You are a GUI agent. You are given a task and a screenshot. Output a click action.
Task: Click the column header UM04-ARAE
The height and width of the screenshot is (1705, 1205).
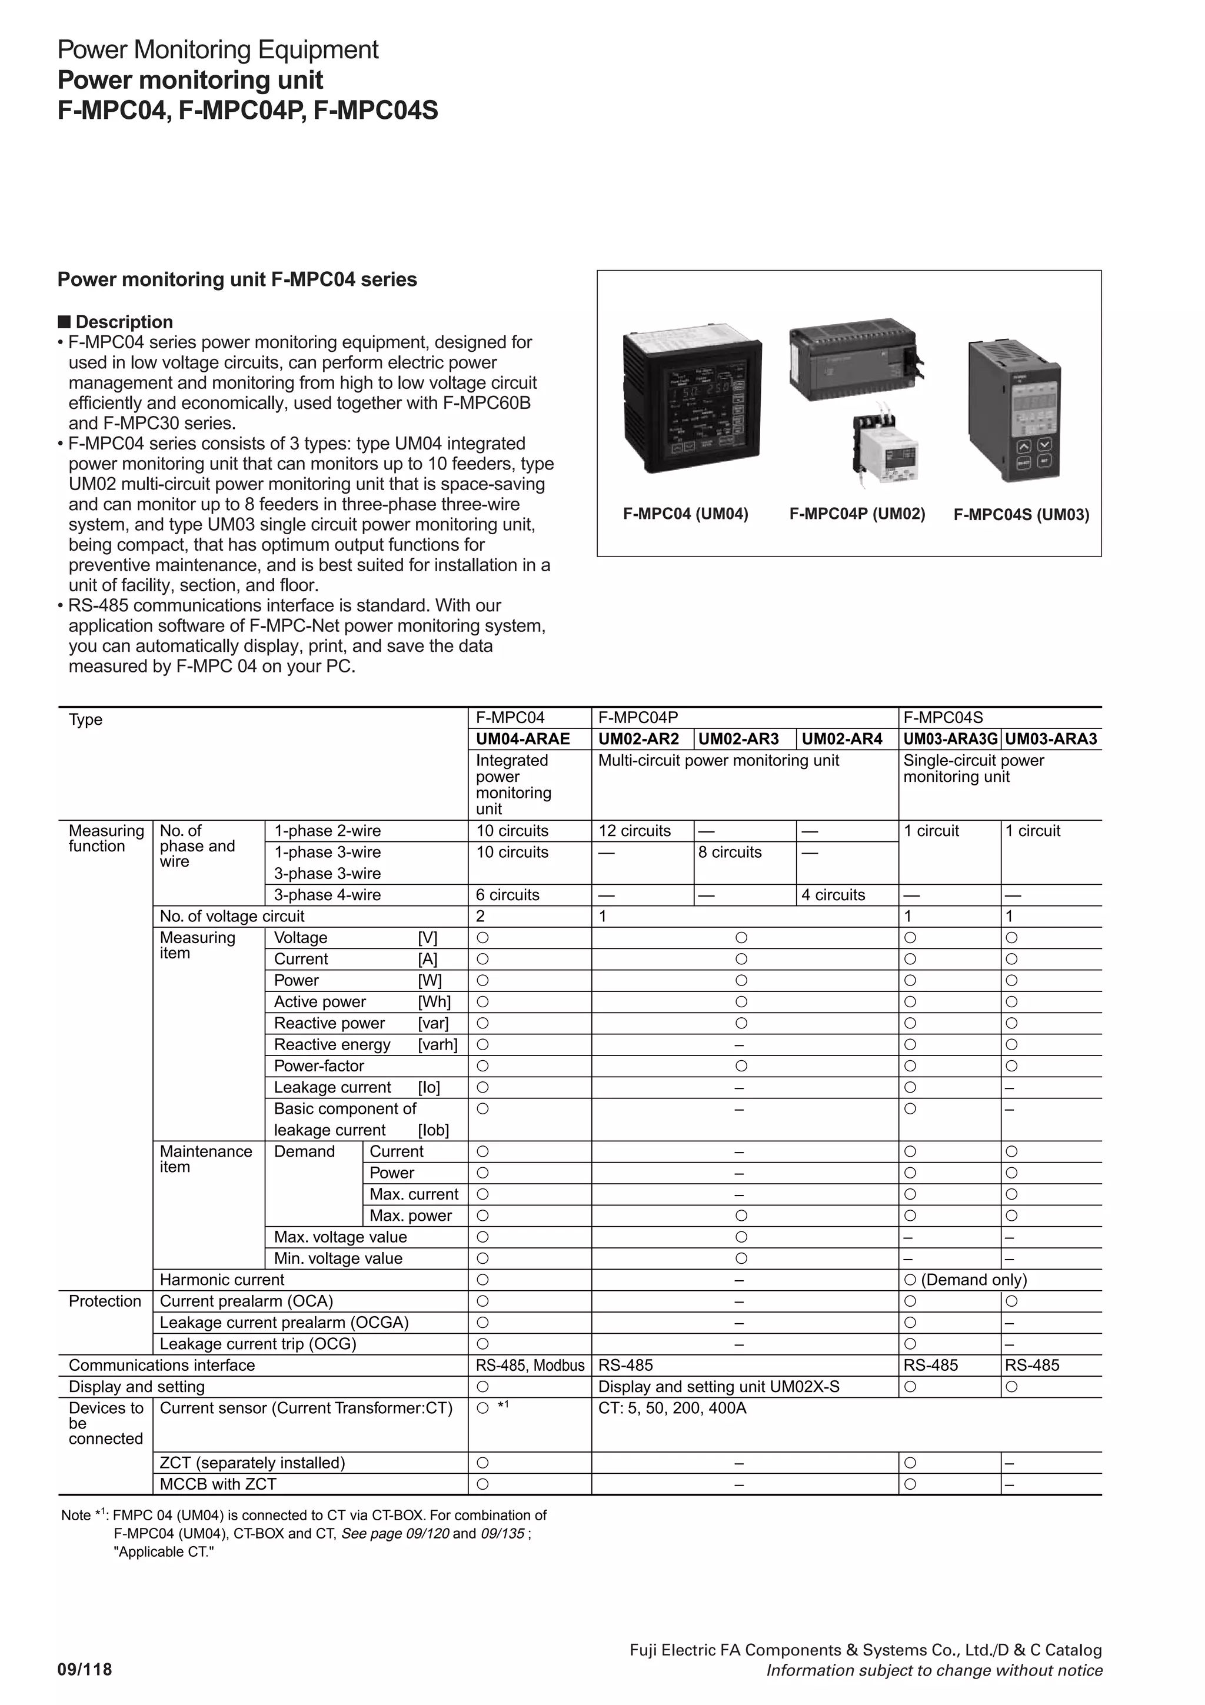pyautogui.click(x=522, y=739)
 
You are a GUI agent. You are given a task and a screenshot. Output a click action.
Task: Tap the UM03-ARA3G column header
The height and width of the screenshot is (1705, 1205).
pyautogui.click(x=950, y=739)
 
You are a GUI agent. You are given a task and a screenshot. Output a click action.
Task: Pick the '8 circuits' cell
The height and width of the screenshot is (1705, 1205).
pyautogui.click(x=729, y=853)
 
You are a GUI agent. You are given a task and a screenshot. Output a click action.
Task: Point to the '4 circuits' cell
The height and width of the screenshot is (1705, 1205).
pyautogui.click(x=833, y=895)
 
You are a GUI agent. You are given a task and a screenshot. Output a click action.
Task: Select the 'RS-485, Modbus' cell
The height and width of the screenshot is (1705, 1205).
pyautogui.click(x=530, y=1365)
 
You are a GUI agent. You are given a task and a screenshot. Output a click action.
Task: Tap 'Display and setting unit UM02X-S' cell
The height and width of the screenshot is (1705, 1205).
pyautogui.click(x=718, y=1387)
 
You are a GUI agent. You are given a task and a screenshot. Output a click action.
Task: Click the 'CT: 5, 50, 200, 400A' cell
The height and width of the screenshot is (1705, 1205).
pyautogui.click(x=672, y=1408)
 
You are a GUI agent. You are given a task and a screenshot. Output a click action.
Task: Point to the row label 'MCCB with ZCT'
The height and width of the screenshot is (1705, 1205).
pyautogui.click(x=218, y=1484)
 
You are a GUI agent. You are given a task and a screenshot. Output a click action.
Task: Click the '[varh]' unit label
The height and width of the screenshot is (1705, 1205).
pyautogui.click(x=437, y=1045)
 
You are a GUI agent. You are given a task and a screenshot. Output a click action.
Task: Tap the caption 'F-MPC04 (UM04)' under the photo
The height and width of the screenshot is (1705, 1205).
pyautogui.click(x=685, y=514)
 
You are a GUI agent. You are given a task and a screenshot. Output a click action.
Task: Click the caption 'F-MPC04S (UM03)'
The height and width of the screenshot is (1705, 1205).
pyautogui.click(x=1021, y=515)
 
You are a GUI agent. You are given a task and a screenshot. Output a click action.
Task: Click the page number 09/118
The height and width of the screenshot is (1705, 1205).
pyautogui.click(x=85, y=1669)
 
